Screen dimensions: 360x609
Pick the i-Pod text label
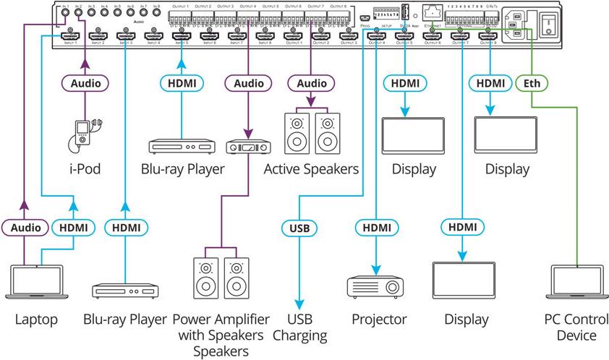click(x=85, y=170)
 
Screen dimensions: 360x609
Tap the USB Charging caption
click(x=298, y=327)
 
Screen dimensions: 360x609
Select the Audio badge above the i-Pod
click(x=85, y=83)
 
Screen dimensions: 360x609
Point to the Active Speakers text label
click(x=311, y=170)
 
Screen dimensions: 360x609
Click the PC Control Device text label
click(x=575, y=327)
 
